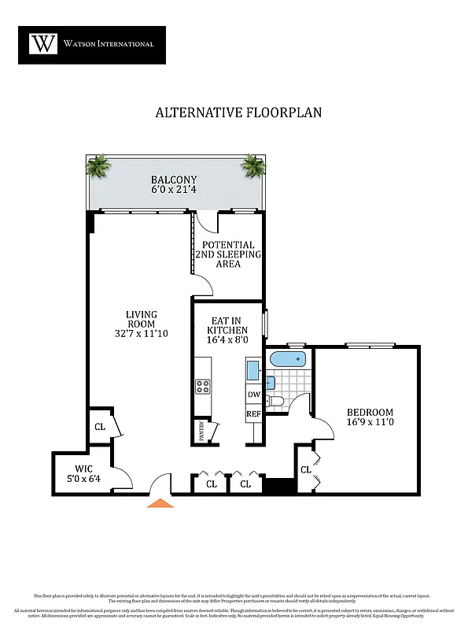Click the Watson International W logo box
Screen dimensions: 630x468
43,43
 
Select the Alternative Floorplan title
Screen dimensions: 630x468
238,112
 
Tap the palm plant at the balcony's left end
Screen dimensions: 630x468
98,166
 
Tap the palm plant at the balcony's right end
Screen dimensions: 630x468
253,165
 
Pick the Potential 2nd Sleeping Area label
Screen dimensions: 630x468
228,254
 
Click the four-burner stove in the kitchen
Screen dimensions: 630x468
202,386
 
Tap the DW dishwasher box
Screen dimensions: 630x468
254,395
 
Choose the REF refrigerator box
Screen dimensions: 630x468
254,413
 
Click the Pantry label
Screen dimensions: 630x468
201,432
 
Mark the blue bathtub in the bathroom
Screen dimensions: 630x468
286,360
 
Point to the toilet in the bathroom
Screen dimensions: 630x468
275,402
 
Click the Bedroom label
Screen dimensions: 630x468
370,413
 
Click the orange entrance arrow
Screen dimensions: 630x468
160,502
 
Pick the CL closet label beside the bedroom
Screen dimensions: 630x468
305,470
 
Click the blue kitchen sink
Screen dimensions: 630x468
252,369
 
